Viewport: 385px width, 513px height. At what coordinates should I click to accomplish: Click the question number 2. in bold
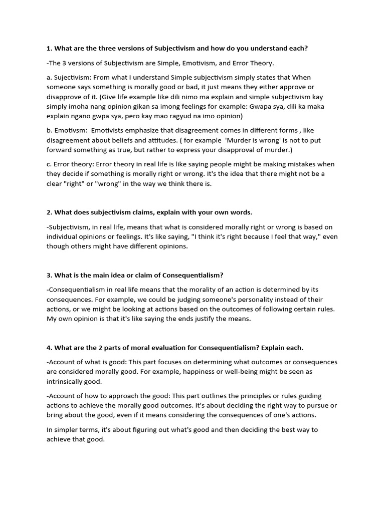pyautogui.click(x=50, y=212)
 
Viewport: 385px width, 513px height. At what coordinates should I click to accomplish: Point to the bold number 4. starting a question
pyautogui.click(x=50, y=348)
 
